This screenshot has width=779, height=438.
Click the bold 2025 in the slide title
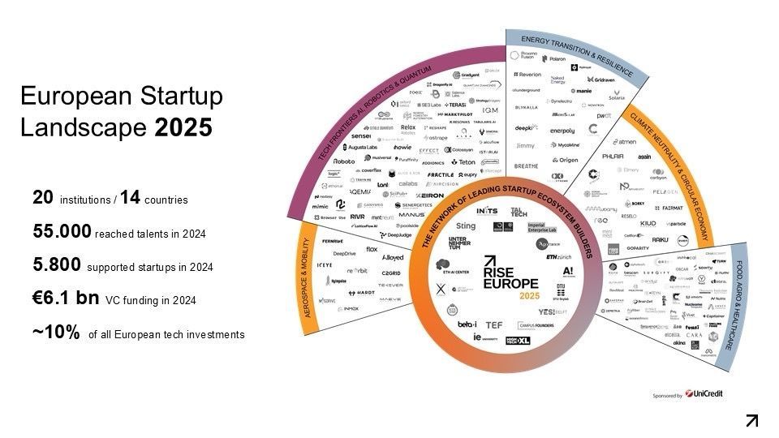pos(184,127)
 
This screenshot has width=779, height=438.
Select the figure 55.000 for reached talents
pos(62,231)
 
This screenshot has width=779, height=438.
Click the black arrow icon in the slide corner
pos(752,419)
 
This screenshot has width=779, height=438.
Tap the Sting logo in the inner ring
pos(466,226)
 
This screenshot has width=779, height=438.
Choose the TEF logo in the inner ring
pos(493,324)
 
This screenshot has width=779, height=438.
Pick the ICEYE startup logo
pos(324,264)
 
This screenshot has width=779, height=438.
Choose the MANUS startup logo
pos(411,192)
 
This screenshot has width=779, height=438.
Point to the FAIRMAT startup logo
pos(671,208)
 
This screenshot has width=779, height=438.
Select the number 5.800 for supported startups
pos(58,265)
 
